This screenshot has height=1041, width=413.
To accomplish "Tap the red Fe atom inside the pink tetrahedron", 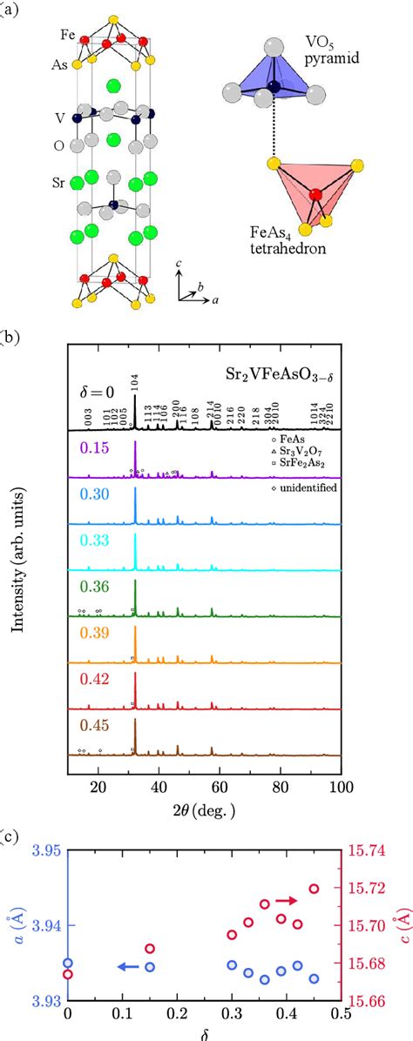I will point(315,194).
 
